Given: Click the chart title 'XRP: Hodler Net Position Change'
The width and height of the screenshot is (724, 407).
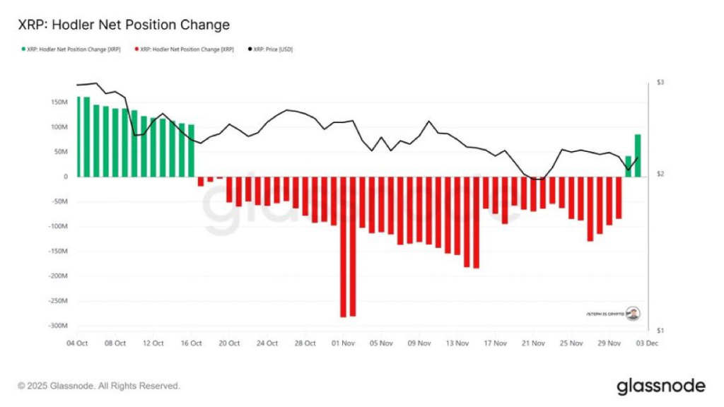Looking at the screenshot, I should pos(124,25).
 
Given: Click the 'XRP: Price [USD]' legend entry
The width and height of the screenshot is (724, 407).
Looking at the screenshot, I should pos(271,49).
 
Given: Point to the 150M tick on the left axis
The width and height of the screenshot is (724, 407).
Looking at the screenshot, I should pos(58,102).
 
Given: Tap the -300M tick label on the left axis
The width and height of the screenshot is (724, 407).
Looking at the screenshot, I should pos(57,326).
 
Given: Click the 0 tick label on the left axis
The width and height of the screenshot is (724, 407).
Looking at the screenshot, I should pos(65,177).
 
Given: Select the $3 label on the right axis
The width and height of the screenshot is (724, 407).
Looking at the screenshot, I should pos(660,83).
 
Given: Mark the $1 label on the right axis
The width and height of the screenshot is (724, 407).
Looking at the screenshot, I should pos(660,330).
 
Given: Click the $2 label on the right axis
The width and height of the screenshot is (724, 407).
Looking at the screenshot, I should pos(660,175).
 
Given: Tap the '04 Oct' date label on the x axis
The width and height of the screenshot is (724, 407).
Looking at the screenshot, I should pos(78,343).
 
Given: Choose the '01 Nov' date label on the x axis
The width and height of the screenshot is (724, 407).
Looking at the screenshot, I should pos(344,343).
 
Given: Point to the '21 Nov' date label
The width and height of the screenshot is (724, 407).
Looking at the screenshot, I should pos(534,343).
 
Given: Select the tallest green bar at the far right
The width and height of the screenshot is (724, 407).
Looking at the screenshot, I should pos(638,155).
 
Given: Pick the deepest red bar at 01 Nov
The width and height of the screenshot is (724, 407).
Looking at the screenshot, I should pos(344,247).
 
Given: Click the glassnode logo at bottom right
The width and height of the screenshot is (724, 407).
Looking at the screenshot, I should pos(660,386).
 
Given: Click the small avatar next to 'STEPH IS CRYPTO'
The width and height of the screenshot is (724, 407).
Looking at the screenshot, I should pos(633,312).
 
